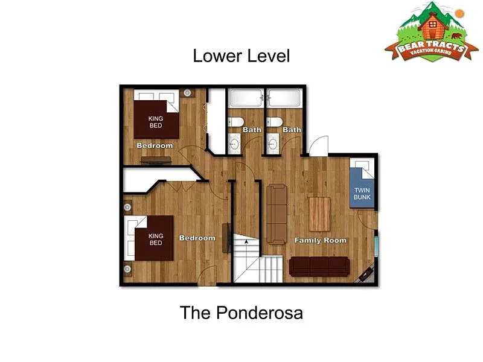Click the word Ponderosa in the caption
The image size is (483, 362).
pos(260,313)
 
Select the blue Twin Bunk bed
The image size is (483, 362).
pos(362,183)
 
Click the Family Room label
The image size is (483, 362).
pos(321,240)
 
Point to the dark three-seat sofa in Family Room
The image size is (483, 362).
pos(319,267)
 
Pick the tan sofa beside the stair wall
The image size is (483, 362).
pos(277,214)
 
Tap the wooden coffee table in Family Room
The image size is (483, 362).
pos(319,214)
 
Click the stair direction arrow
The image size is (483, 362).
pos(246,242)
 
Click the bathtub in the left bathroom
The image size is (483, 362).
pos(246,98)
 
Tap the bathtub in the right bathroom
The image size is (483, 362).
pos(284,98)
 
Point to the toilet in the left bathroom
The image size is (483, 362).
pos(236,122)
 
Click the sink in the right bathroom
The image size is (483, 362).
pos(272,144)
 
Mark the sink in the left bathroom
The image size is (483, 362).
pos(234,144)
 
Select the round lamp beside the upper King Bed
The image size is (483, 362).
pos(187,93)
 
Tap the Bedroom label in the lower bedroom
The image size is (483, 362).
pos(197,238)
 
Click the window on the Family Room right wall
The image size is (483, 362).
pos(376,246)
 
